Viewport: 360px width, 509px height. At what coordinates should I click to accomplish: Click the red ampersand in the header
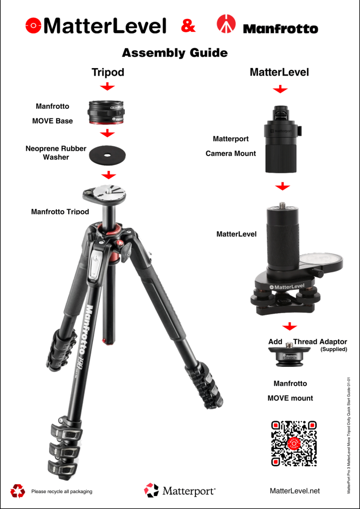coord(188,26)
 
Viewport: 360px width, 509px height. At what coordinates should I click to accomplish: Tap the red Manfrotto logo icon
coord(227,25)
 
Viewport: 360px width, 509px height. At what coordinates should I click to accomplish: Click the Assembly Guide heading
coord(175,53)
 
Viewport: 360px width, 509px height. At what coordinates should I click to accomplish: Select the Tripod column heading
coord(108,72)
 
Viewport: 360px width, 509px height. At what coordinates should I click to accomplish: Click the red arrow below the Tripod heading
coord(107,87)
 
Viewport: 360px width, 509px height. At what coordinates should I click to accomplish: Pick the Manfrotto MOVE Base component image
coord(107,113)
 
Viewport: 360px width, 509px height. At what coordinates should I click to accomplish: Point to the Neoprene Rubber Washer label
coord(56,153)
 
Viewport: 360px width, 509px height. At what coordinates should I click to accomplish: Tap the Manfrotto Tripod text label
coord(60,212)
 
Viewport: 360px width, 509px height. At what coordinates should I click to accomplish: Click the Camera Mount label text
coord(231,154)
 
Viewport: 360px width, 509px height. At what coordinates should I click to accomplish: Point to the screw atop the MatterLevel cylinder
coord(282,204)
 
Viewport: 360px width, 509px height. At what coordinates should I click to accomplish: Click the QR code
coord(293,443)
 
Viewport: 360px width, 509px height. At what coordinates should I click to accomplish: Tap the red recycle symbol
coord(18,491)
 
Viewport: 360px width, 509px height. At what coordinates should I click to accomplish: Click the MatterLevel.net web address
coord(294,491)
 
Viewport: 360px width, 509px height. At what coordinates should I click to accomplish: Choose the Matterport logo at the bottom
coord(180,491)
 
